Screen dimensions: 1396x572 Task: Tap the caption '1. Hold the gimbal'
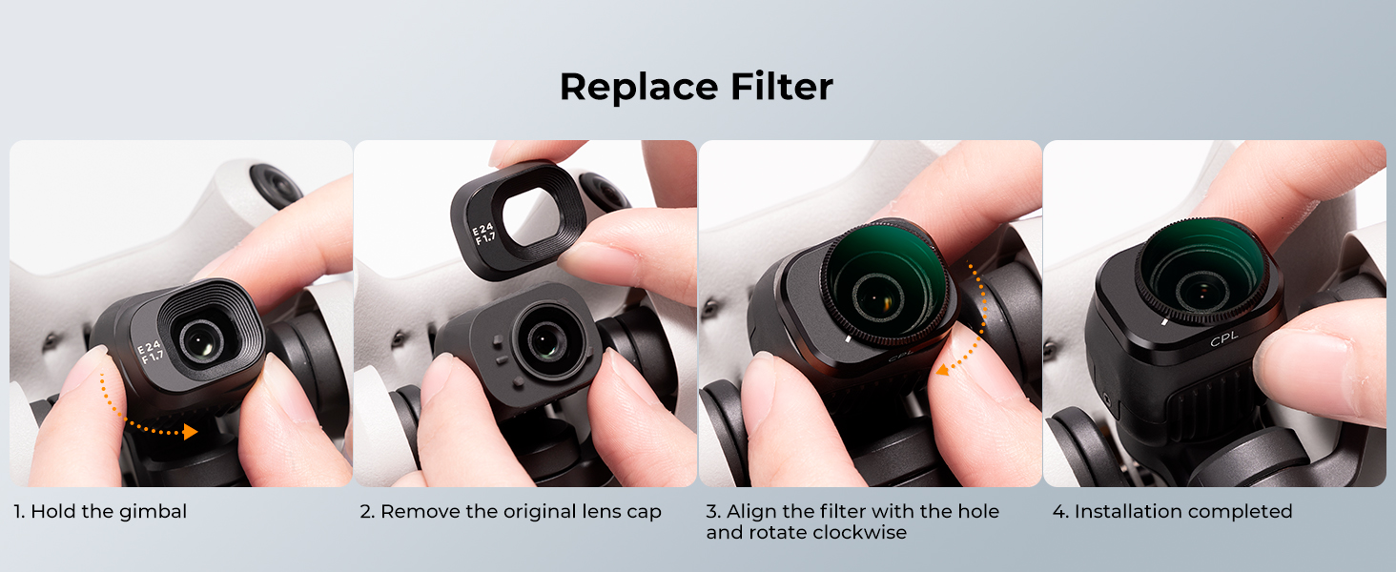pos(100,512)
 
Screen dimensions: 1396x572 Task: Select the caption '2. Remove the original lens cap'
pos(510,512)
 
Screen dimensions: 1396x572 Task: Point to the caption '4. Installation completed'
pos(1172,512)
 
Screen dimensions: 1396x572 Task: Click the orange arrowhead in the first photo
pos(190,431)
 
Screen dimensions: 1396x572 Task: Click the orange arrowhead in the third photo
pos(943,370)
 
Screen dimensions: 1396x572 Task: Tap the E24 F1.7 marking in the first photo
pos(151,352)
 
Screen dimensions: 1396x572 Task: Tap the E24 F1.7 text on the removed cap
pos(483,234)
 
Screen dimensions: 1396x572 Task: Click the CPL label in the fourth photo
pos(1224,339)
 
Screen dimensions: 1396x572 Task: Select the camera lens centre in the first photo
pos(201,341)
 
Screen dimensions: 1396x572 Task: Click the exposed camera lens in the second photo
pos(545,340)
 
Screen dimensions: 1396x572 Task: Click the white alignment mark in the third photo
pos(848,339)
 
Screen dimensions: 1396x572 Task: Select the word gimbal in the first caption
pos(153,512)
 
